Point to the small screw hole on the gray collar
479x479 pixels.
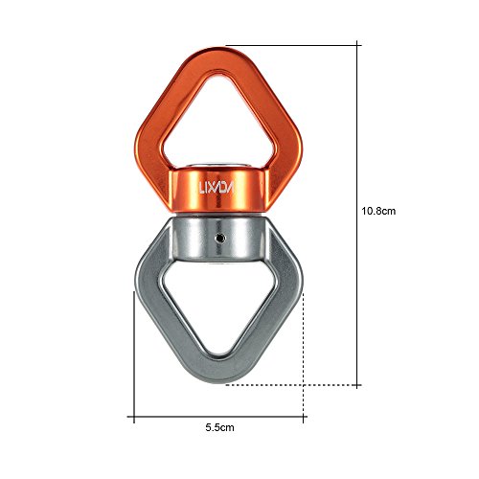pyautogui.click(x=219, y=234)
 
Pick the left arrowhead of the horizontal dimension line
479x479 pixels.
pyautogui.click(x=135, y=418)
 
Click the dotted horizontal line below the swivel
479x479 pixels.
pyautogui.click(x=287, y=386)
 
